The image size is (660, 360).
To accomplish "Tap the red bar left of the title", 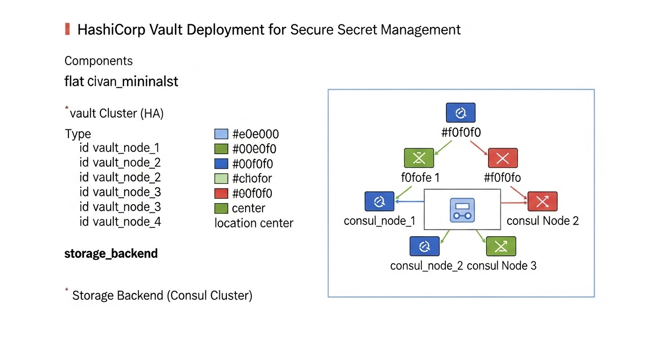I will click(67, 29).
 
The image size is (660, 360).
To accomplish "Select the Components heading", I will click(98, 61).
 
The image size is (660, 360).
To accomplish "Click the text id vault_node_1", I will click(120, 148).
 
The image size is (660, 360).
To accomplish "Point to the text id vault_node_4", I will click(120, 222).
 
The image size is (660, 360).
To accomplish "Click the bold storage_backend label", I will click(111, 254).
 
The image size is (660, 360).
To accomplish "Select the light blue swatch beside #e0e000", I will click(221, 134).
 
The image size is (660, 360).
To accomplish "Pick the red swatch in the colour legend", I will click(221, 193).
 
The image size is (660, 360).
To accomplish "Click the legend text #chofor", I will click(252, 179).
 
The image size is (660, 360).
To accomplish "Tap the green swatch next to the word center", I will click(221, 208).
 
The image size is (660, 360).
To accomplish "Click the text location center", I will click(254, 223).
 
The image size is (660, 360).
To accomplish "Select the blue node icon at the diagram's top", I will click(460, 112).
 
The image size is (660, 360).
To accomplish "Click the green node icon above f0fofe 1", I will click(419, 158).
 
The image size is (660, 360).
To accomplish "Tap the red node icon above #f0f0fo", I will click(502, 158).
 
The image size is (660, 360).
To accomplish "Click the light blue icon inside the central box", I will click(462, 210).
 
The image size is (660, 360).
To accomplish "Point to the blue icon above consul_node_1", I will click(379, 201).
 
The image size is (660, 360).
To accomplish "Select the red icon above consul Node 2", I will click(542, 201).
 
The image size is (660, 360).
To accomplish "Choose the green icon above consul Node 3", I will click(501, 246).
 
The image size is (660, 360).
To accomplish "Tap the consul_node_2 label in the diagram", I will click(426, 266).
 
